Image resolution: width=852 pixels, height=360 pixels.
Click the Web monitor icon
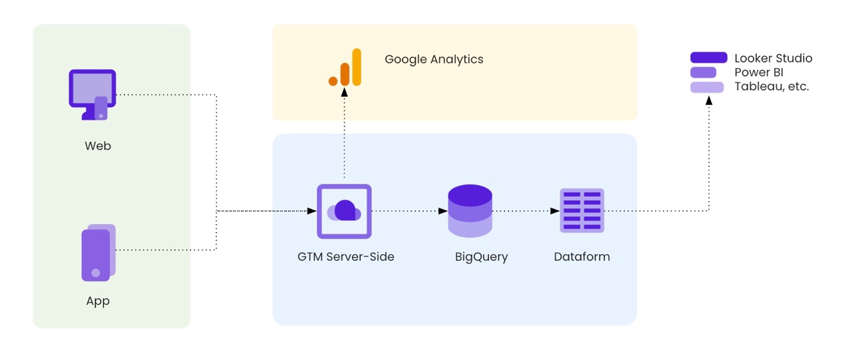[x=92, y=94]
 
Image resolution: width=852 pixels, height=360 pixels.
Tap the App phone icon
[x=98, y=252]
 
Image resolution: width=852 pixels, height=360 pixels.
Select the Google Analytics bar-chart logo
[x=345, y=68]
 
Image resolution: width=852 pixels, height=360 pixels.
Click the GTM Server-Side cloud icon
[x=344, y=211]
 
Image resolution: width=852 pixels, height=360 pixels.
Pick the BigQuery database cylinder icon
[x=470, y=211]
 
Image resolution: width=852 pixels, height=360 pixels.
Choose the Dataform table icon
[x=582, y=210]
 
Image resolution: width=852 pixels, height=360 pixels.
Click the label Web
[x=98, y=146]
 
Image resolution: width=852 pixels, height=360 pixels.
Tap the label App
[x=98, y=301]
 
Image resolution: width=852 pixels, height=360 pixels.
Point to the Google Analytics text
[x=434, y=59]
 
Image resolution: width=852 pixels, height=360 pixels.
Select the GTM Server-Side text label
[x=345, y=256]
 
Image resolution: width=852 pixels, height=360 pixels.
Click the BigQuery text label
[x=481, y=257]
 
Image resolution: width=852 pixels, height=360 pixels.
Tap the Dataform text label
[x=582, y=256]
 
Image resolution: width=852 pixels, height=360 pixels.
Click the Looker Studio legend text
[x=773, y=59]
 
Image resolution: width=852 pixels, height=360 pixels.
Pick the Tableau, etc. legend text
[x=771, y=87]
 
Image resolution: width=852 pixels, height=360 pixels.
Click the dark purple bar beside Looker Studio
[x=708, y=58]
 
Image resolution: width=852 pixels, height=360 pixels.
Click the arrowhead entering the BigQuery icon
[x=443, y=211]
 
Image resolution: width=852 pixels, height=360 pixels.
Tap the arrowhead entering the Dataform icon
[x=554, y=211]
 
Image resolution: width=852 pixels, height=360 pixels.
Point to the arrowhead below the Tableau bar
[x=709, y=100]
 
